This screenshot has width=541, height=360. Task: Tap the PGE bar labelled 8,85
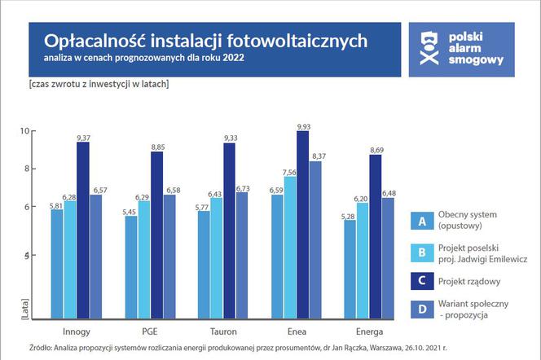click(156, 237)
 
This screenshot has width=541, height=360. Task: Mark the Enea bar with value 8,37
click(316, 241)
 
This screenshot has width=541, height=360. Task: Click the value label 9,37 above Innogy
click(83, 138)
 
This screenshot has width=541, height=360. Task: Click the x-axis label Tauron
click(224, 331)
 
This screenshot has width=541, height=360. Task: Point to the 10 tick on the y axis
click(24, 131)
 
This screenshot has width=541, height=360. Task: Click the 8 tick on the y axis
click(26, 169)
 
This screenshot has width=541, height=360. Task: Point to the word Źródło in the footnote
click(42, 346)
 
